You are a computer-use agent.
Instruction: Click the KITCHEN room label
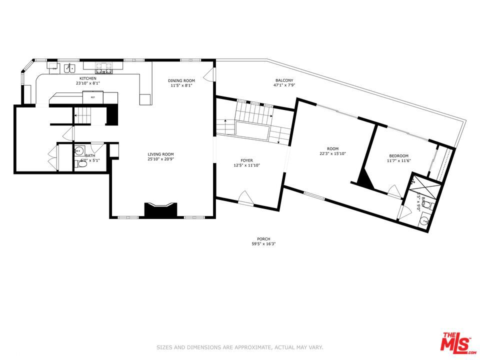click(x=88, y=78)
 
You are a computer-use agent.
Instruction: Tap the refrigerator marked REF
click(x=92, y=97)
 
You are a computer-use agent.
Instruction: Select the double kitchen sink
click(x=69, y=68)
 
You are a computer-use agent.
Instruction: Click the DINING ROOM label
click(x=181, y=80)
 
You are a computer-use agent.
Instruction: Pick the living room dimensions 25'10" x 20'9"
click(x=160, y=159)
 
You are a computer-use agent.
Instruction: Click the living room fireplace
click(x=160, y=209)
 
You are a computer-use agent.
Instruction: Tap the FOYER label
click(x=246, y=160)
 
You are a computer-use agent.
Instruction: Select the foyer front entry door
click(x=245, y=198)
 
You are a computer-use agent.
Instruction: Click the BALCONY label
click(x=284, y=80)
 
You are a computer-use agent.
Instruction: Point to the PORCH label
click(x=263, y=239)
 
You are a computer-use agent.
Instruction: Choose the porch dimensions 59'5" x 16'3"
click(x=263, y=244)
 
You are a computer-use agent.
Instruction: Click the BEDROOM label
click(x=398, y=155)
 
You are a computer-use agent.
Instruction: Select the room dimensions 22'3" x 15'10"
click(x=332, y=153)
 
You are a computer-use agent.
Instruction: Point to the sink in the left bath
click(x=79, y=150)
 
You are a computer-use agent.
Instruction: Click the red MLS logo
click(x=455, y=342)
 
